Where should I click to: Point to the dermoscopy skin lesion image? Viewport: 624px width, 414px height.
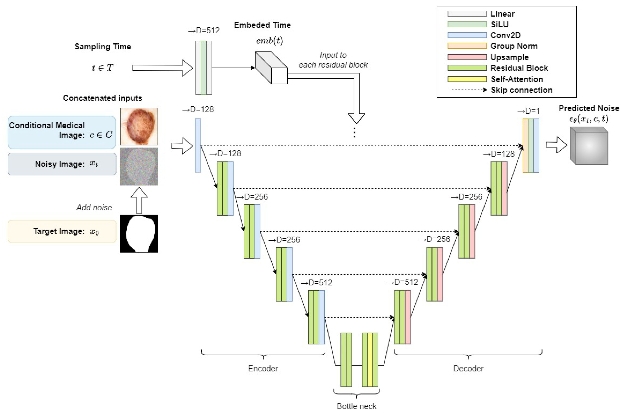(x=139, y=126)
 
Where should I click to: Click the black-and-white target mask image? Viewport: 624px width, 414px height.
(x=139, y=233)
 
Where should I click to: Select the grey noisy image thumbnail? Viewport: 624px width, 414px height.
(x=139, y=166)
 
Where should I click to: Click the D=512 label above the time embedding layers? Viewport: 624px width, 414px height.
(x=204, y=31)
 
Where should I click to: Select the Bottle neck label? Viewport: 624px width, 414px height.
(x=356, y=406)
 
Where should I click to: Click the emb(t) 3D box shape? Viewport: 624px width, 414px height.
(x=271, y=68)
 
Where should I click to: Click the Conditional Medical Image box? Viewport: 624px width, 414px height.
(x=62, y=132)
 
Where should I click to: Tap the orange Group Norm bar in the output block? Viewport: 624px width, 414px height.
(x=525, y=145)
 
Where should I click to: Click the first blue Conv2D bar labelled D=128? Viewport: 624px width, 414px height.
(x=198, y=145)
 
